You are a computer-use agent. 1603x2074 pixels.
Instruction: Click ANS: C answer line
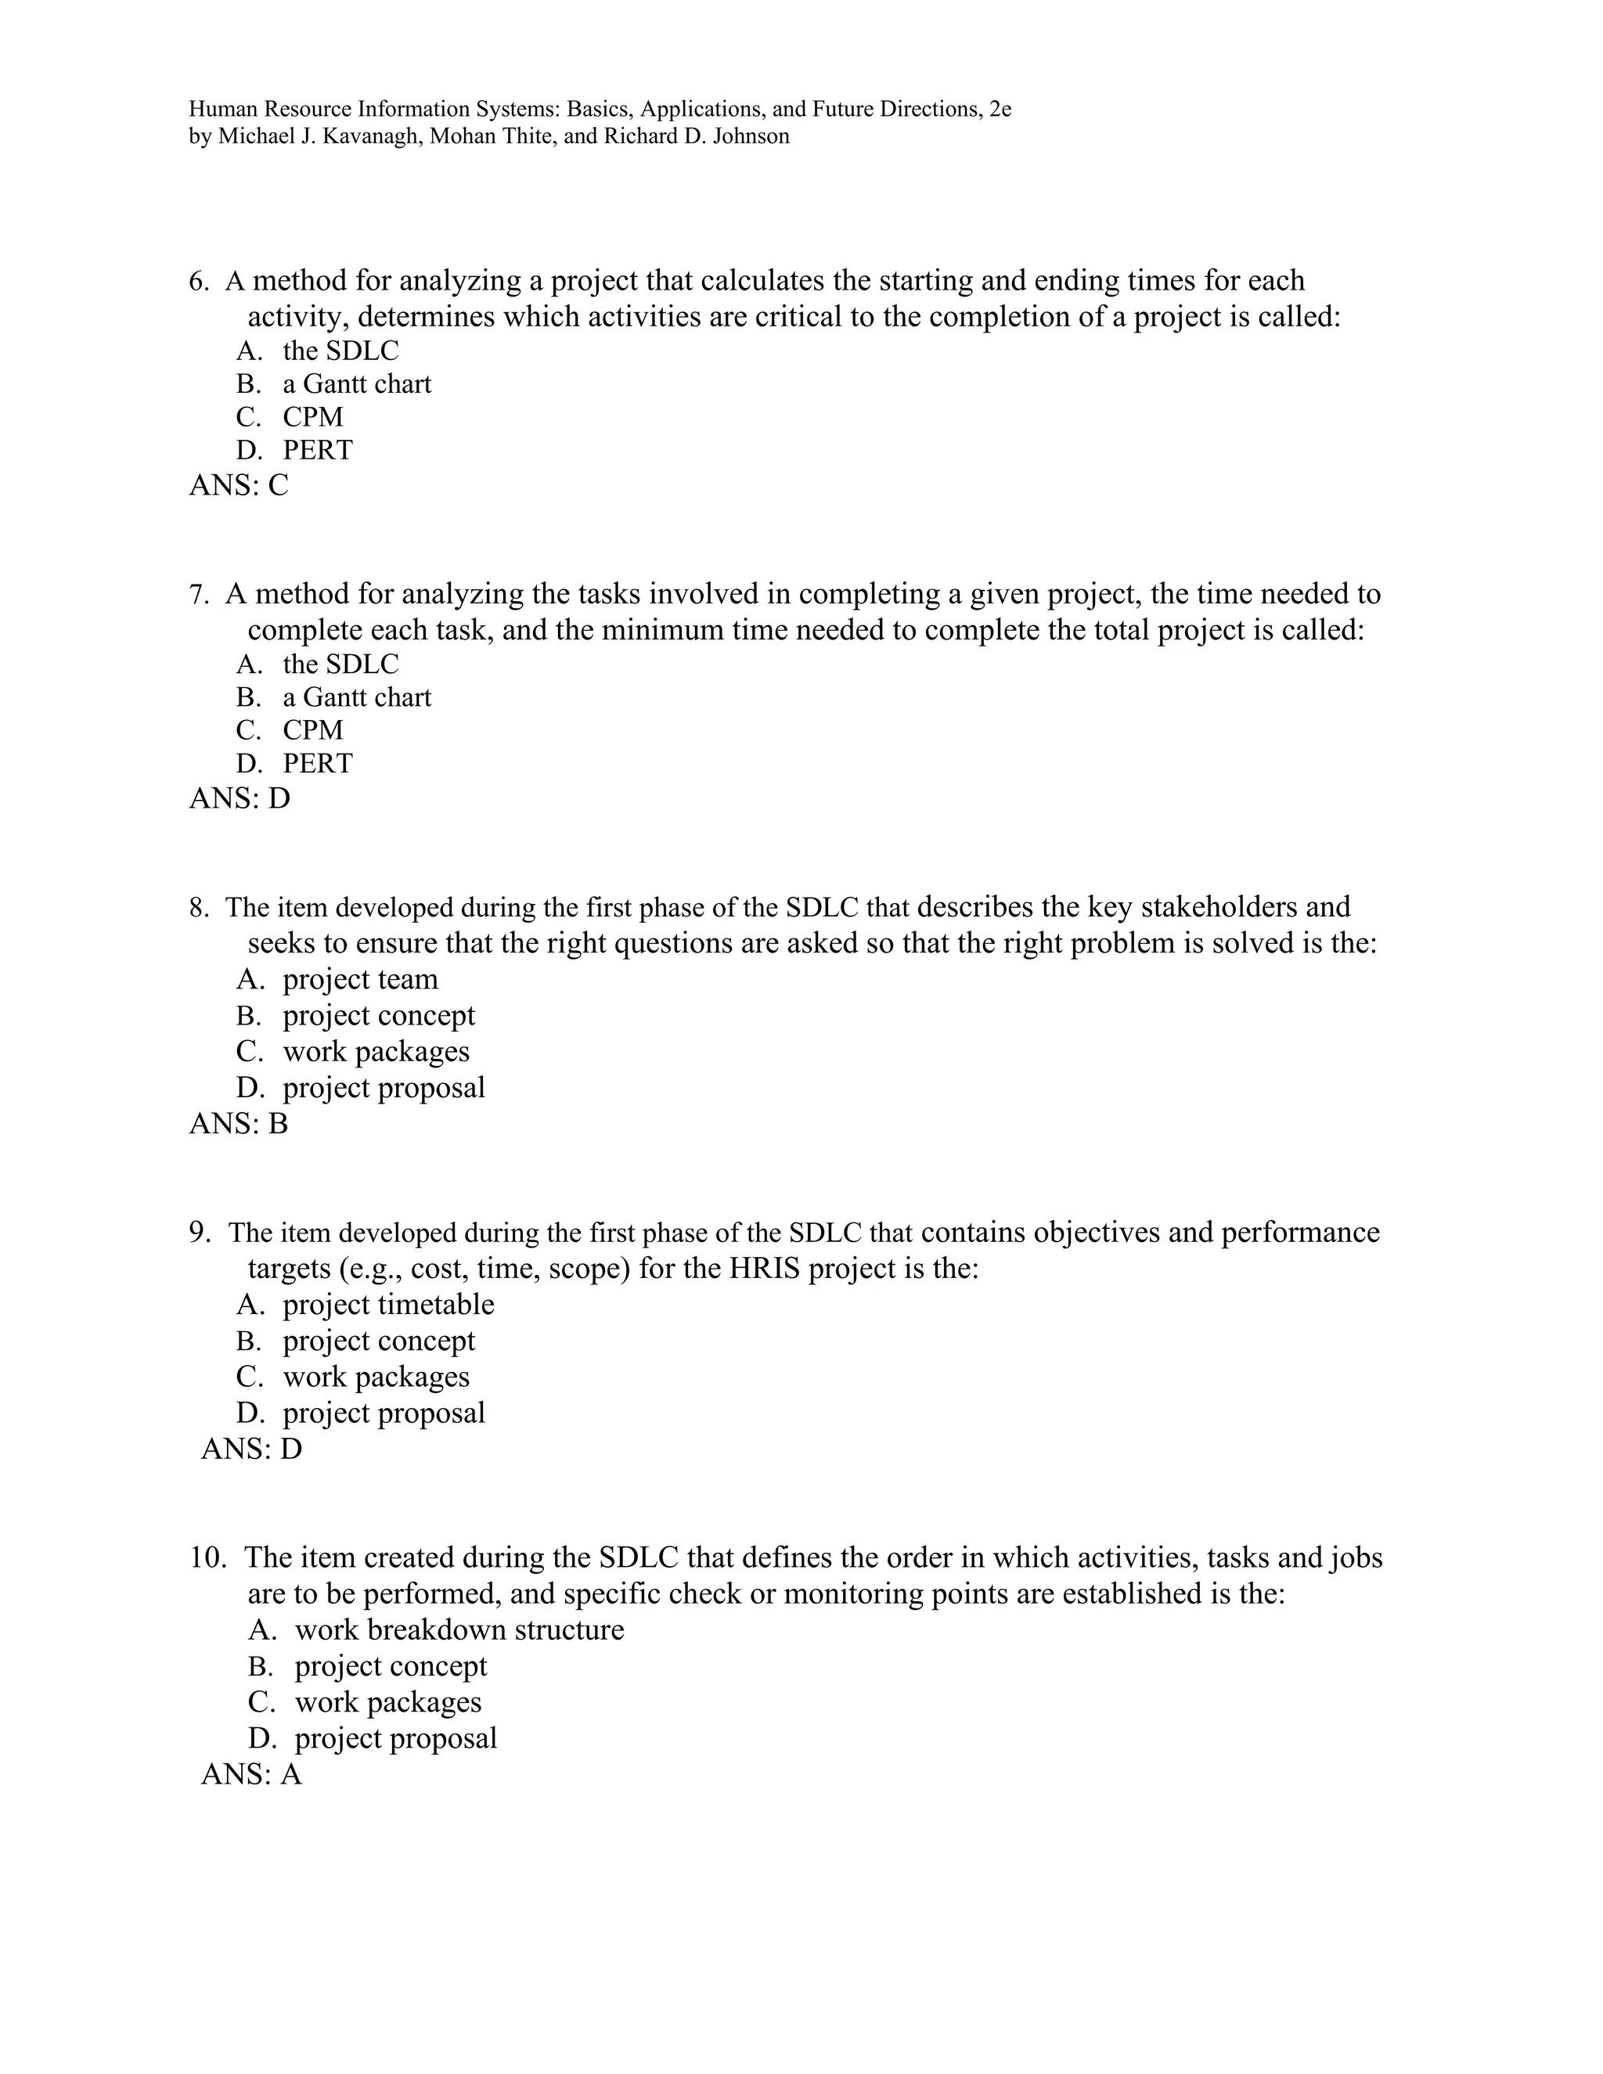(239, 485)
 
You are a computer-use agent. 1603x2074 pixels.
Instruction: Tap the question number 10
(207, 1557)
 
